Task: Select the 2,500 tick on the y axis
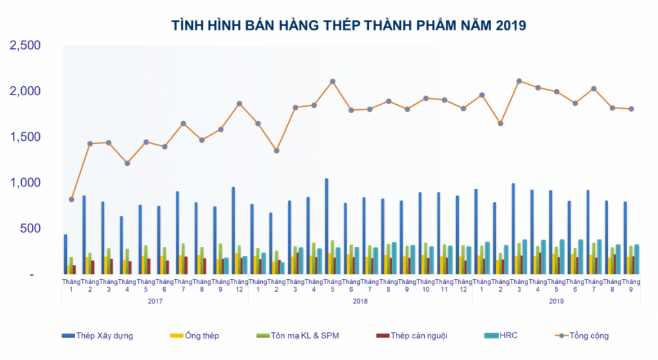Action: (24, 46)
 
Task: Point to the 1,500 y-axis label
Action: (24, 137)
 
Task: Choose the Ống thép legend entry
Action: (201, 336)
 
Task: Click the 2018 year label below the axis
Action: (360, 300)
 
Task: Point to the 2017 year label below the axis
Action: (155, 300)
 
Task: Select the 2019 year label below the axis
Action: (556, 300)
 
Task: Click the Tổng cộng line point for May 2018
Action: (333, 82)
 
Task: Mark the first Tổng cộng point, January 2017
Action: (71, 199)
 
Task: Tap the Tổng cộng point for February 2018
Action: (277, 150)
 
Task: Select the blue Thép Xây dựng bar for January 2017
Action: (66, 255)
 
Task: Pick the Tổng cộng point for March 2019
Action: (519, 81)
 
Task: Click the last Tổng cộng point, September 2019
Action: (631, 109)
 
